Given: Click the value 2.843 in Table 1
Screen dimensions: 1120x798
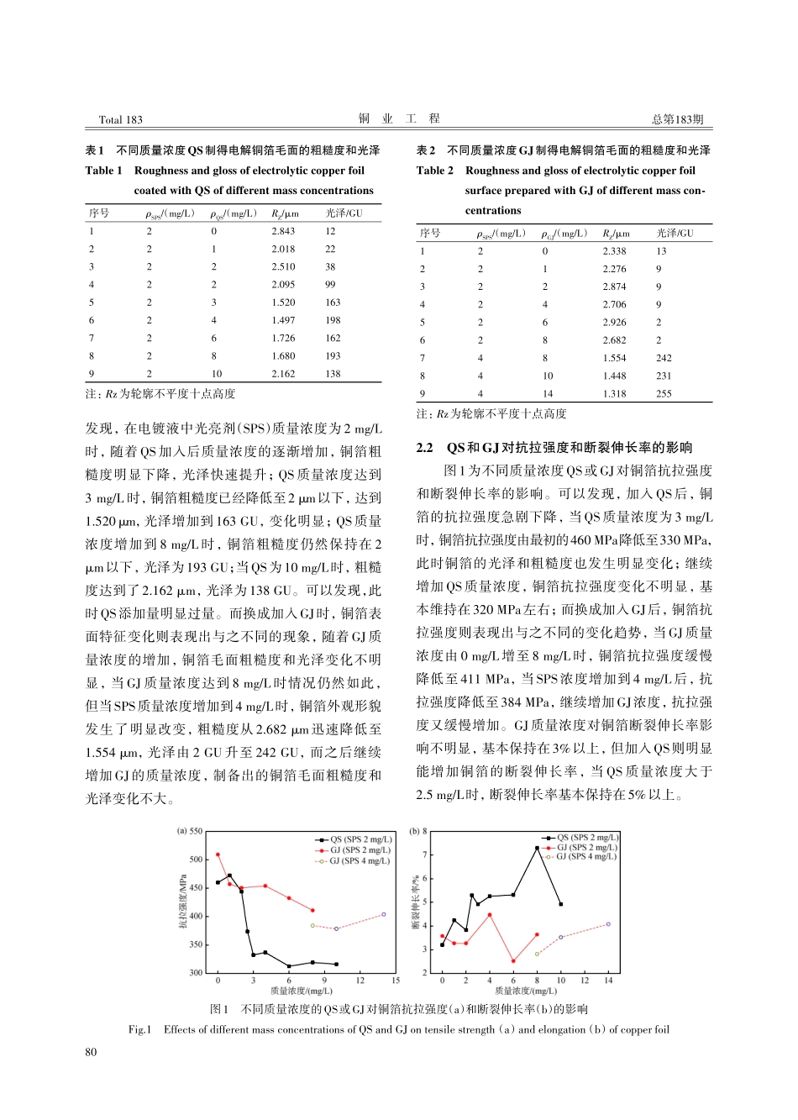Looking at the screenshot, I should [283, 231].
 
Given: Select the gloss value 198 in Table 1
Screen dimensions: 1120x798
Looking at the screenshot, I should [333, 320].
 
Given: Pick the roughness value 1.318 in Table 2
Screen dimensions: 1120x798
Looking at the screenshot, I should [614, 393].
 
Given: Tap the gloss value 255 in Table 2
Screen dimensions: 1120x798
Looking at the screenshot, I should [664, 393].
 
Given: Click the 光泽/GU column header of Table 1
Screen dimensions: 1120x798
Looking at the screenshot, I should [344, 213].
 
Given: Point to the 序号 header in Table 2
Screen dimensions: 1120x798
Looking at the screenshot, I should [430, 234].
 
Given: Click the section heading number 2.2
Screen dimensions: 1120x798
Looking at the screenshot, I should [425, 448].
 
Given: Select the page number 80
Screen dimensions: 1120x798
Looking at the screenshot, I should [91, 1051].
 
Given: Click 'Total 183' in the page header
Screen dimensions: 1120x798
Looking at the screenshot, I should [121, 120].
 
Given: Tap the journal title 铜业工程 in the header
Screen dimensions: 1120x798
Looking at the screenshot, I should [399, 119].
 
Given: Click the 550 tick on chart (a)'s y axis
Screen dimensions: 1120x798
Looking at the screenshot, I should [196, 831].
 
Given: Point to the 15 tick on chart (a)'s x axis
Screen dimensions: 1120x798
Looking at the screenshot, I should [396, 981].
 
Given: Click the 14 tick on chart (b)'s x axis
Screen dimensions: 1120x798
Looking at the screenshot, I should [608, 981].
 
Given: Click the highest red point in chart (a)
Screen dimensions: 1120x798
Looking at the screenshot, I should [218, 854].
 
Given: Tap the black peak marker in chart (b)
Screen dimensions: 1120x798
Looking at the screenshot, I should [537, 848].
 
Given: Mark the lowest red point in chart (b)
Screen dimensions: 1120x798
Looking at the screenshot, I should [513, 961].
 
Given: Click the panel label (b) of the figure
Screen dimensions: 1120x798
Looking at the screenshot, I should [414, 831].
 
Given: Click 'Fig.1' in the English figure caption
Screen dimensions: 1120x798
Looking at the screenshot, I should [139, 1030].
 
